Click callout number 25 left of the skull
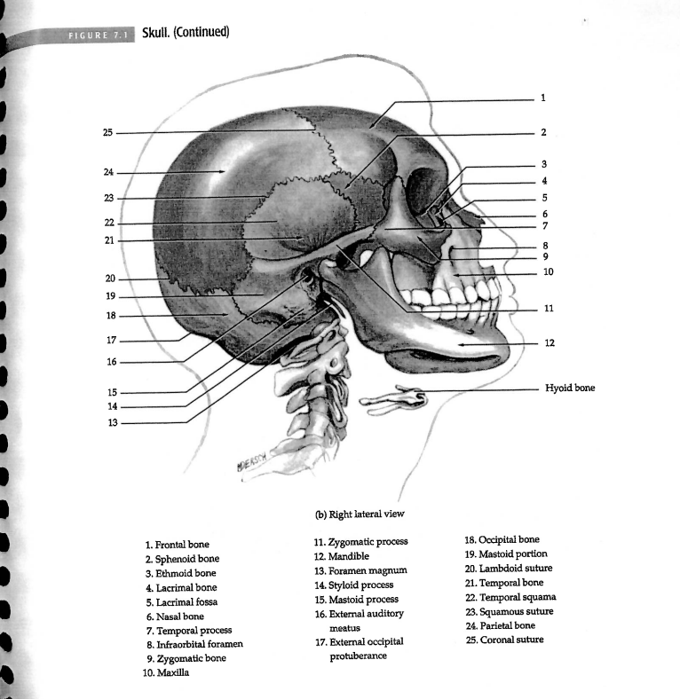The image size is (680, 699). (107, 132)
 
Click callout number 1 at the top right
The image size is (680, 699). (542, 97)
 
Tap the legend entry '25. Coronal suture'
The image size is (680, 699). (503, 640)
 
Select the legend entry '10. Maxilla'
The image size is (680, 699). (168, 673)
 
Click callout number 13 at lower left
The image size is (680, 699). (110, 423)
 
